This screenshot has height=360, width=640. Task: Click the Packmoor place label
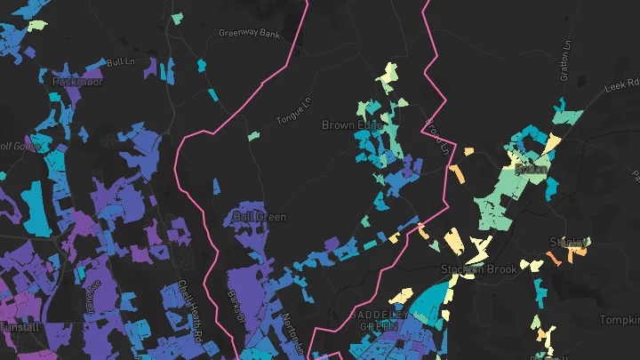pos(78,81)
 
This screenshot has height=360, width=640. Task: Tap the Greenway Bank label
pos(249,34)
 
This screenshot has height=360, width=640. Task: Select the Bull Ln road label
pos(118,63)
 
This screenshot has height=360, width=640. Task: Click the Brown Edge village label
pos(351,125)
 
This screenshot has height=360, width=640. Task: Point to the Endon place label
pos(532,167)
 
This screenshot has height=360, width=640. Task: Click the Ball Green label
pos(253,216)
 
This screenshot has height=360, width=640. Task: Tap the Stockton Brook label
pos(478,268)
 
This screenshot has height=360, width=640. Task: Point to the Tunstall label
pos(20,327)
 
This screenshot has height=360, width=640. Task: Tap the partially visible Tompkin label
pos(621,319)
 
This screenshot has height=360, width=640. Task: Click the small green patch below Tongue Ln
pos(253,136)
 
